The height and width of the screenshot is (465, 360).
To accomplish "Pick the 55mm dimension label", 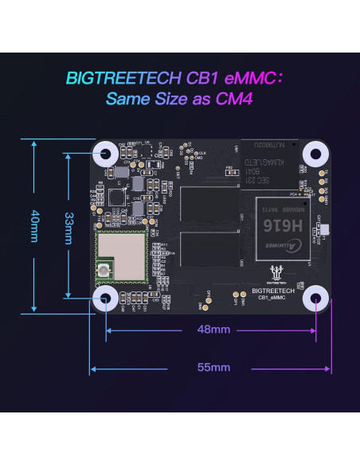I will pos(213,367).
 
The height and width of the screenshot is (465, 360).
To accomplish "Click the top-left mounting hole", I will pos(105,154).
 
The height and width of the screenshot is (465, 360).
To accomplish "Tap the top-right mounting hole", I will pos(316,154).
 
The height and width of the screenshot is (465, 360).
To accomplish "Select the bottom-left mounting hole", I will pos(105,299).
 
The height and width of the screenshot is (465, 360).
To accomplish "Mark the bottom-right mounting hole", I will pos(316,299).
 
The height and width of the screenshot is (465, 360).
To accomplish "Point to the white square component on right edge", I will pos(323,232).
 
